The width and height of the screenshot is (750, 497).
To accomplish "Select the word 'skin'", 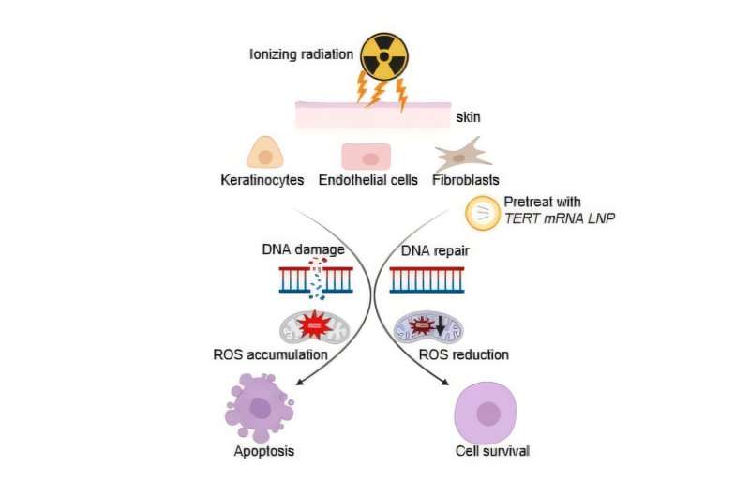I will pyautogui.click(x=468, y=117).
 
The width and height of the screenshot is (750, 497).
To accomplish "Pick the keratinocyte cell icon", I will pyautogui.click(x=265, y=154).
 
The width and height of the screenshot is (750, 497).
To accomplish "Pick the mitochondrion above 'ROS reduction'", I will pyautogui.click(x=427, y=327).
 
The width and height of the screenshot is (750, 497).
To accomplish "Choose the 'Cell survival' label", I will pyautogui.click(x=492, y=451).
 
